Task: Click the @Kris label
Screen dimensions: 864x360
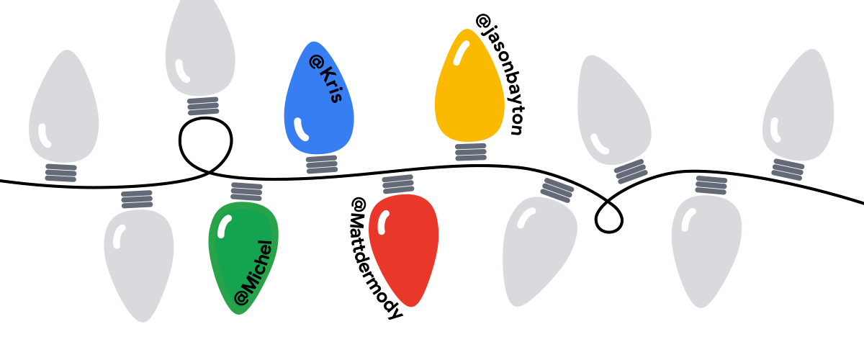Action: (326, 78)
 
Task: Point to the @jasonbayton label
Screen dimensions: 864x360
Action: (500, 74)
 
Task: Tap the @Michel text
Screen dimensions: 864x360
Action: (253, 273)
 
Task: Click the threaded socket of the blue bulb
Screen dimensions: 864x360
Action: (322, 164)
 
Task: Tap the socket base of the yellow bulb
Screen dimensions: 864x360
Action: (471, 152)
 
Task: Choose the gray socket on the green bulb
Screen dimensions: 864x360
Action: (246, 192)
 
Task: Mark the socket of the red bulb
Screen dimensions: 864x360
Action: (398, 184)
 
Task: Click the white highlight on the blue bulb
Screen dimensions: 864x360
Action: (300, 130)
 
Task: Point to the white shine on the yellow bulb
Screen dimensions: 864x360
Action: (461, 53)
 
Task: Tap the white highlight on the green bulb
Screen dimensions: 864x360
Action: (224, 227)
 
